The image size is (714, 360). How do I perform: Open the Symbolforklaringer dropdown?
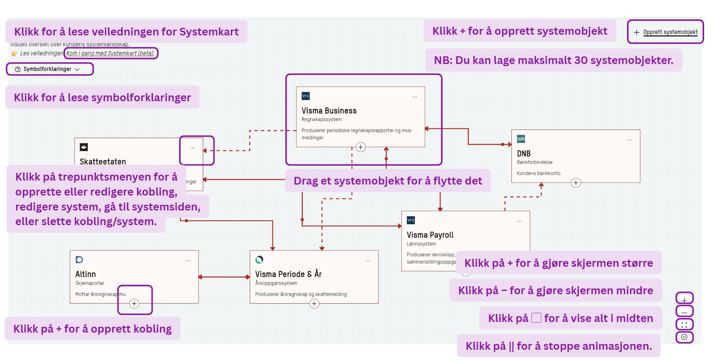[47, 69]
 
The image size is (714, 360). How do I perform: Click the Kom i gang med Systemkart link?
[110, 53]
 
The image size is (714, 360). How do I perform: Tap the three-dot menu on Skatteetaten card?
[192, 148]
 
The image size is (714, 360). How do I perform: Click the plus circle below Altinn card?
[134, 304]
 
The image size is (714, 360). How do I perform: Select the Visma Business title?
[329, 111]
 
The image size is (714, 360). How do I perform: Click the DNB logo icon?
[521, 139]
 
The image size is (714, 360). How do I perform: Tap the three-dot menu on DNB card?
[630, 140]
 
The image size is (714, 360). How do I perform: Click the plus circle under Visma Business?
[360, 147]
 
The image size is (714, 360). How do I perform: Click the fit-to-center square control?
[684, 324]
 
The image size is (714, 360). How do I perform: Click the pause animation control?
[684, 337]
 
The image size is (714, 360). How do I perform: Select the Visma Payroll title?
[430, 235]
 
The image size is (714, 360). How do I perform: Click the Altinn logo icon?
[79, 260]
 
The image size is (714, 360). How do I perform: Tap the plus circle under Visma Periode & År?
[314, 304]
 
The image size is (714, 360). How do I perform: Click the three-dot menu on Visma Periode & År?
[368, 261]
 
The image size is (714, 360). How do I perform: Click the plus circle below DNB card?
[576, 183]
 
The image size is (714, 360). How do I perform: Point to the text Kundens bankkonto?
[538, 173]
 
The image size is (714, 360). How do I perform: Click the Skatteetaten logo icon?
[84, 147]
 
